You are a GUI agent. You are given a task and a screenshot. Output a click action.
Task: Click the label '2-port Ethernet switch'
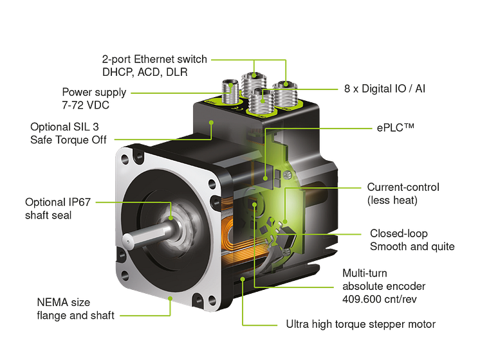point(154,59)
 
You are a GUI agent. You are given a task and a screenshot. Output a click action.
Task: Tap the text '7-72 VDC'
point(86,105)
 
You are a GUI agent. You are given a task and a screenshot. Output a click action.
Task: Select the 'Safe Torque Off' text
point(68,139)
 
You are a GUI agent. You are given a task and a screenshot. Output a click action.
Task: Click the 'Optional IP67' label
point(58,202)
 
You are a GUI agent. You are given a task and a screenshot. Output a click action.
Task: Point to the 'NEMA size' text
point(63,303)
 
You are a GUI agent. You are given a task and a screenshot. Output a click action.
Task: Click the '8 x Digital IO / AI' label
point(385,89)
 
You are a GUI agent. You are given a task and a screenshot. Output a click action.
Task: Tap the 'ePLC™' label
point(395,127)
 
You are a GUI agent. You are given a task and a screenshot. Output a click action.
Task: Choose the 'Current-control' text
point(403,187)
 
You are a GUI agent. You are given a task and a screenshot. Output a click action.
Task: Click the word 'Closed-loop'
point(398,233)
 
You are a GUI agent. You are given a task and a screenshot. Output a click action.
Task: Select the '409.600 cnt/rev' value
point(379,299)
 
